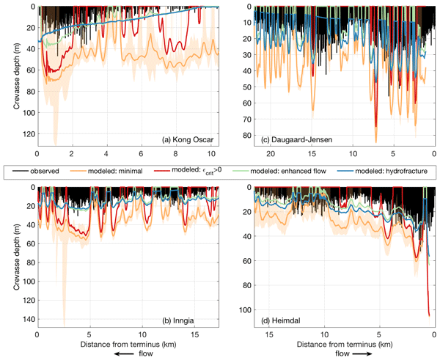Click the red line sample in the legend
pyautogui.click(x=177, y=169)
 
